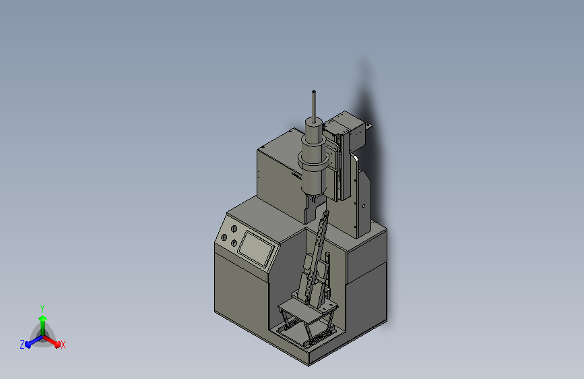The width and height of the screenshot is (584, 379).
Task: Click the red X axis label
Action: click(x=63, y=345)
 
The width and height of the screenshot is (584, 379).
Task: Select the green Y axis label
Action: click(x=42, y=308)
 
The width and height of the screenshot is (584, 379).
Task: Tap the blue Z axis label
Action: click(x=22, y=345)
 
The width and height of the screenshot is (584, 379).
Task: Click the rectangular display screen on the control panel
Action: click(x=256, y=248)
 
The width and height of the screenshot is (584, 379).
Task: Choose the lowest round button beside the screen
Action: click(x=234, y=242)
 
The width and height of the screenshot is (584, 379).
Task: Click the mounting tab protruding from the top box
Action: click(x=368, y=126)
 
